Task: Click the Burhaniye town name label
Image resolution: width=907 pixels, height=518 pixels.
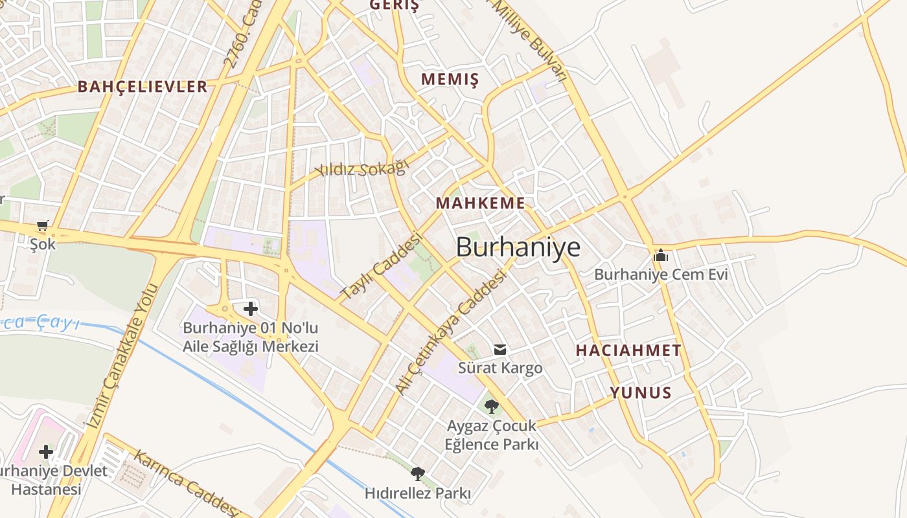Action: tap(518, 247)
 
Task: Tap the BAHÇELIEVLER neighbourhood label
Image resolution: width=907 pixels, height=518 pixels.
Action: tap(143, 87)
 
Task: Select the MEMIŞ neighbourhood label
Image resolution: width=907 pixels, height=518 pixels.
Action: tap(450, 80)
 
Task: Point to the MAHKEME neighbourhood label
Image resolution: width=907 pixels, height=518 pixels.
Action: tap(480, 203)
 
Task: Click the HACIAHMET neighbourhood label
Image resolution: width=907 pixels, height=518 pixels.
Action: tap(628, 351)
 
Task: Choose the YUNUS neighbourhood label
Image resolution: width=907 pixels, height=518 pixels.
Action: tap(641, 393)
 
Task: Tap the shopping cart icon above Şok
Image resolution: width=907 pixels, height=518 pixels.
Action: tap(43, 226)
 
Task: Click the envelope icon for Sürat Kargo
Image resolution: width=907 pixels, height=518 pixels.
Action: tap(500, 350)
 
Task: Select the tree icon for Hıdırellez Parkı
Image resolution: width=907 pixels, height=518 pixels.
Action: tap(418, 474)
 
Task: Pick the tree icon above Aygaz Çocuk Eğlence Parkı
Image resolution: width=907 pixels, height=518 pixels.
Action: tap(492, 407)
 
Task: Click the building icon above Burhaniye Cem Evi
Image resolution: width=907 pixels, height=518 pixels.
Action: tap(661, 255)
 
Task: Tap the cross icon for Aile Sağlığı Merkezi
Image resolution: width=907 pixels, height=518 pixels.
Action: tap(250, 309)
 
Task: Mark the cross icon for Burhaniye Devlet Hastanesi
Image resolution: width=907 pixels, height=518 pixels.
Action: tap(45, 451)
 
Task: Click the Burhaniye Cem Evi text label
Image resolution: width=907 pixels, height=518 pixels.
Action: tap(661, 275)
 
